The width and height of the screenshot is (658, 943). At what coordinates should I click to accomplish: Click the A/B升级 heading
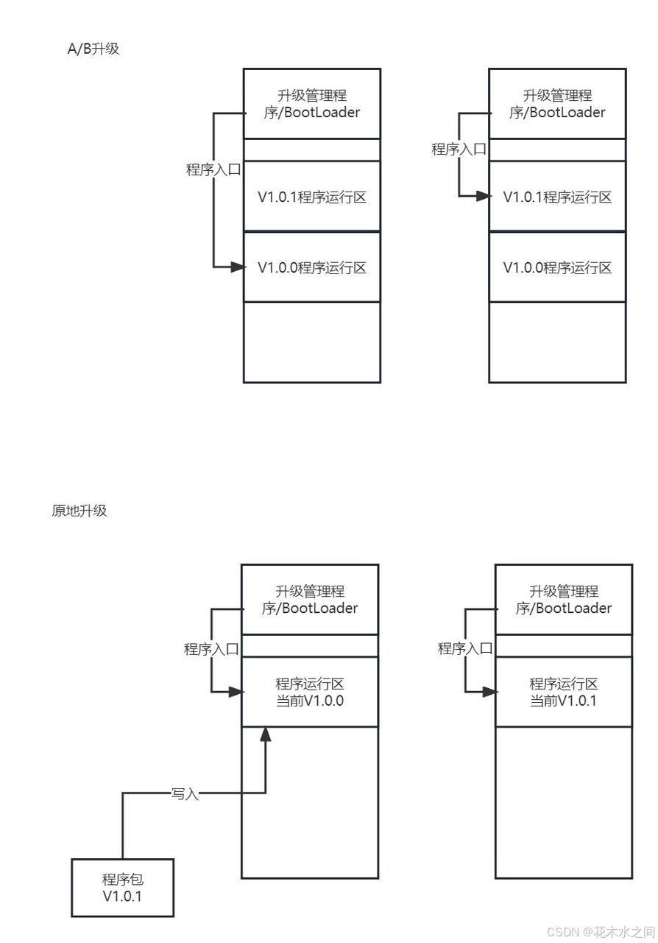click(x=93, y=50)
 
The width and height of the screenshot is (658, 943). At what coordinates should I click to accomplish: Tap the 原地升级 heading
click(x=79, y=511)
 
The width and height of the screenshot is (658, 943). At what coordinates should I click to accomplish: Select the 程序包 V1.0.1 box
click(x=123, y=888)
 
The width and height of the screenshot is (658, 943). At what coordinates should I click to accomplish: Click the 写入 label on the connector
click(x=185, y=793)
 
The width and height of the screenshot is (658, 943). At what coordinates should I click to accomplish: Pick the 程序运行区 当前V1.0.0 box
click(x=310, y=692)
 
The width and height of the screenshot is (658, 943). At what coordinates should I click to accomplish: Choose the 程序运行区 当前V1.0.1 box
click(x=564, y=692)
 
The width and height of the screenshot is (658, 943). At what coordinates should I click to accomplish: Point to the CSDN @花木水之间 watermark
click(x=614, y=931)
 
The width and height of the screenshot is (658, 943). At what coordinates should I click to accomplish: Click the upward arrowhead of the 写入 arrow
click(x=266, y=734)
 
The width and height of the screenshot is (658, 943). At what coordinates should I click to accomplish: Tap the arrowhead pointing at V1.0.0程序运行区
click(x=237, y=267)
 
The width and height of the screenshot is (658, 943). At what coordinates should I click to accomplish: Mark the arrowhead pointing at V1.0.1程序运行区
click(x=483, y=196)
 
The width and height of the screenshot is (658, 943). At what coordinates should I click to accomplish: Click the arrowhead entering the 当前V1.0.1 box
click(x=489, y=692)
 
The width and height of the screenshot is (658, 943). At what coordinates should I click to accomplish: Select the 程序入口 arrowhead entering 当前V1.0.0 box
click(x=236, y=692)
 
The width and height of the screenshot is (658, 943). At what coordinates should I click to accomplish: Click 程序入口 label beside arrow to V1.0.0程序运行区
click(x=213, y=169)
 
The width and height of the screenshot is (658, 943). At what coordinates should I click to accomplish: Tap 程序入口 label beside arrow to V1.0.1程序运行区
click(x=459, y=149)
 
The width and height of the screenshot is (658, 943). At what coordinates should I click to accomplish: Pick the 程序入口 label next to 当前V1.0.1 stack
click(x=465, y=649)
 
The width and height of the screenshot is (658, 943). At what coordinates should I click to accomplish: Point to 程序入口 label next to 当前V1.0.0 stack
click(x=211, y=649)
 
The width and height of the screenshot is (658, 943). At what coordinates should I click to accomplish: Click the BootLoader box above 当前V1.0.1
click(x=564, y=600)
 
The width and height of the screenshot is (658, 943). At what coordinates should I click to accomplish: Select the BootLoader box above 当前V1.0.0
click(x=310, y=600)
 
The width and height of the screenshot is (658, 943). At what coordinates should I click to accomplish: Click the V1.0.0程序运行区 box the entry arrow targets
click(x=312, y=267)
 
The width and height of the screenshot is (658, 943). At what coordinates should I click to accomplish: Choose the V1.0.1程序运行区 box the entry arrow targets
click(x=557, y=197)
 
